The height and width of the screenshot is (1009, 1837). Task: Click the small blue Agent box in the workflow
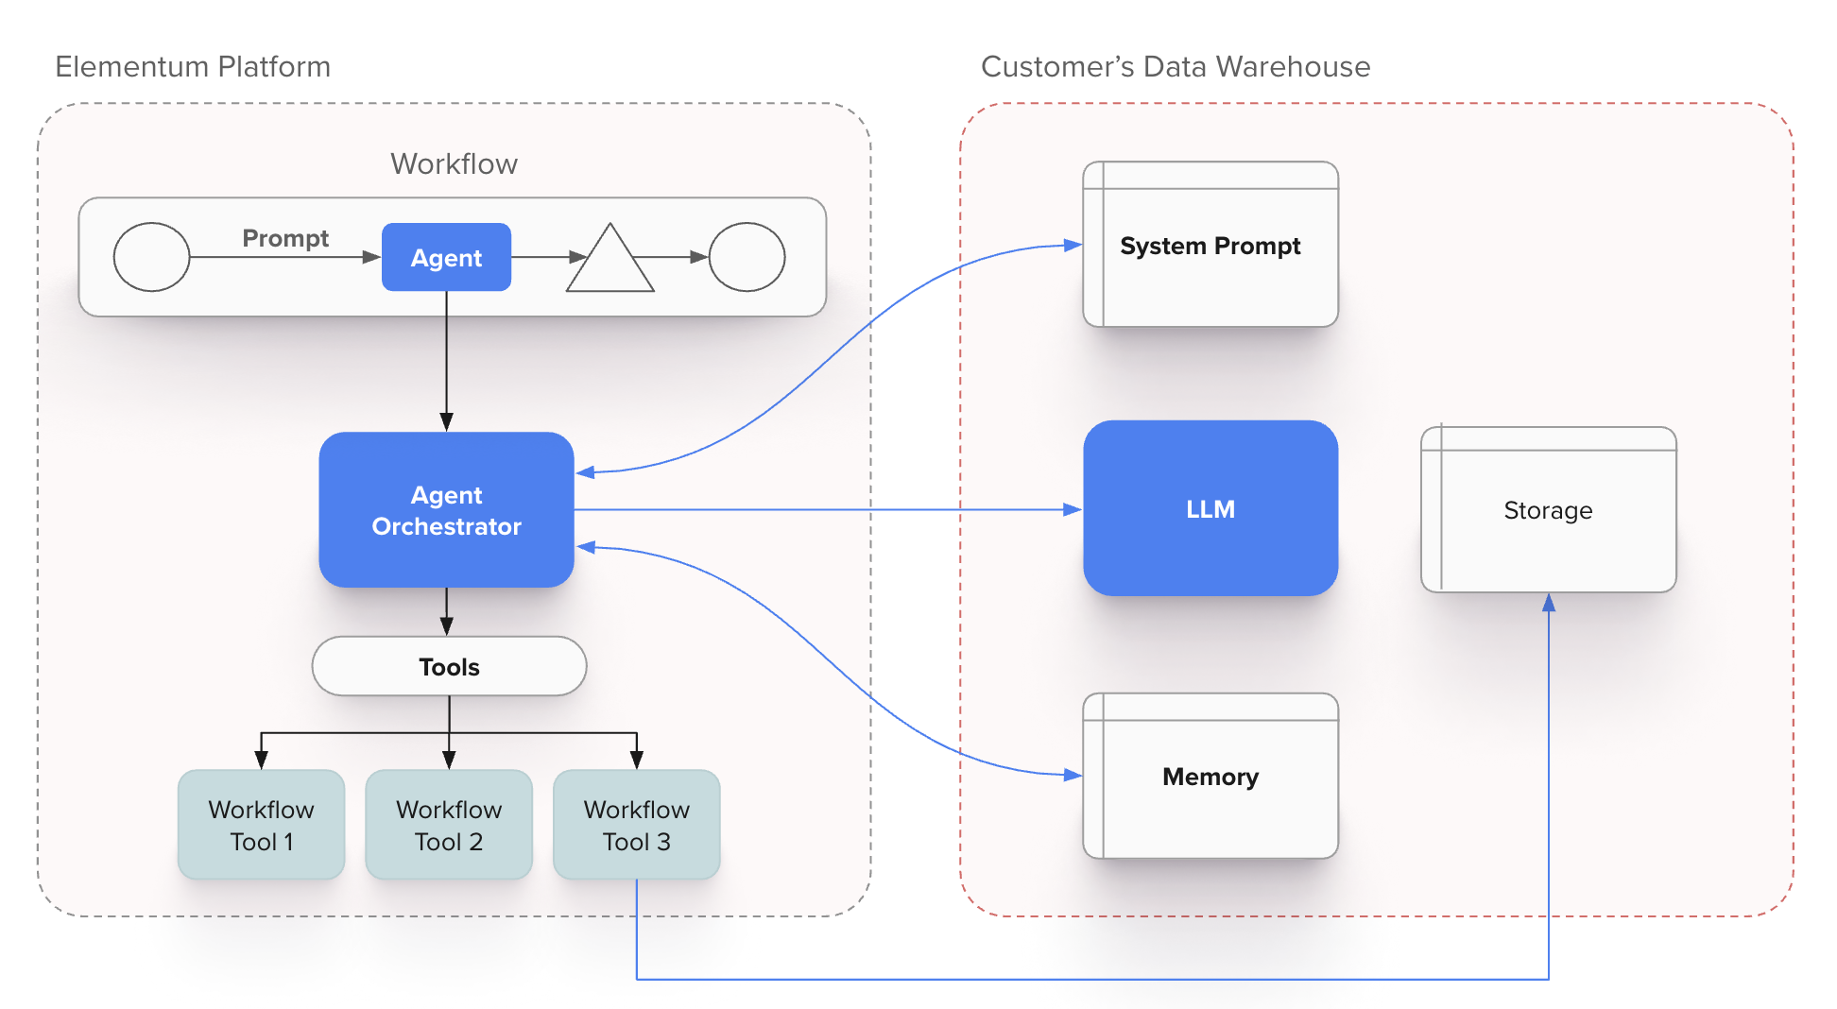pos(446,257)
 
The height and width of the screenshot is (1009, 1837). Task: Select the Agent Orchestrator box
pos(446,510)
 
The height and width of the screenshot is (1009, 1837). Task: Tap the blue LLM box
pos(1210,508)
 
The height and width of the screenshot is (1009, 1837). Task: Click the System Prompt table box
pos(1210,246)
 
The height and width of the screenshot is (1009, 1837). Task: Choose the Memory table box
pos(1210,777)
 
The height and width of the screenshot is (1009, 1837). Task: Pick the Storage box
pos(1548,510)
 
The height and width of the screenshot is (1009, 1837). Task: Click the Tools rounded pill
pos(449,667)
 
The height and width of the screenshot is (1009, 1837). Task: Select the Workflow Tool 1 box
pos(261,825)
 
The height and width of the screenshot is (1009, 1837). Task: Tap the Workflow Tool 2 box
pos(449,825)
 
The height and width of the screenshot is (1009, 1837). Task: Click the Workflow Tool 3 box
pos(636,825)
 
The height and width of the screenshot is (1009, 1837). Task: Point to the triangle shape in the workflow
pos(610,264)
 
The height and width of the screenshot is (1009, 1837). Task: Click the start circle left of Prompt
pos(151,257)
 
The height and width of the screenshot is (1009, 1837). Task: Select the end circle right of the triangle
pos(747,257)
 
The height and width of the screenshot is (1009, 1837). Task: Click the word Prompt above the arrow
pos(285,238)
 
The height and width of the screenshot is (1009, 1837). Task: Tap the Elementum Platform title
pos(193,67)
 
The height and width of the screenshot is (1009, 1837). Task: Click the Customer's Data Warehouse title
pos(1176,67)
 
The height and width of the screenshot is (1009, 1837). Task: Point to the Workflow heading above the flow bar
pos(454,164)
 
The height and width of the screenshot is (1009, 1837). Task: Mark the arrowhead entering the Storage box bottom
pos(1549,603)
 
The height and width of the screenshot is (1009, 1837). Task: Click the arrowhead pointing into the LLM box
pos(1073,510)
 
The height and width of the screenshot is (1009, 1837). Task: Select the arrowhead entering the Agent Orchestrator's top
pos(446,421)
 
